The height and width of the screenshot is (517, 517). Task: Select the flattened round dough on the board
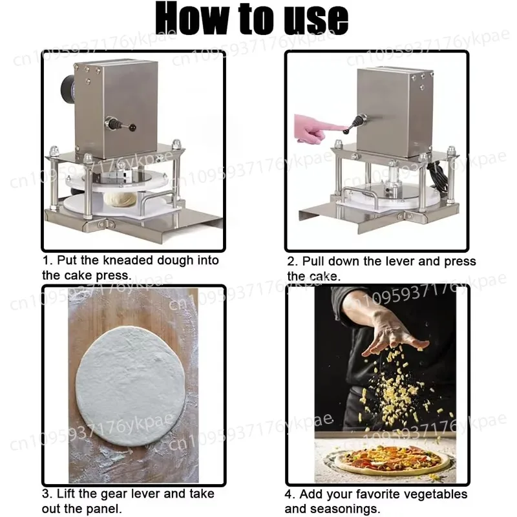click(x=131, y=386)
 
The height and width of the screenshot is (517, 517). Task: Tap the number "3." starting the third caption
click(x=48, y=494)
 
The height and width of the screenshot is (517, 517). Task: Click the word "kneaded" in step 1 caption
click(x=119, y=260)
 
